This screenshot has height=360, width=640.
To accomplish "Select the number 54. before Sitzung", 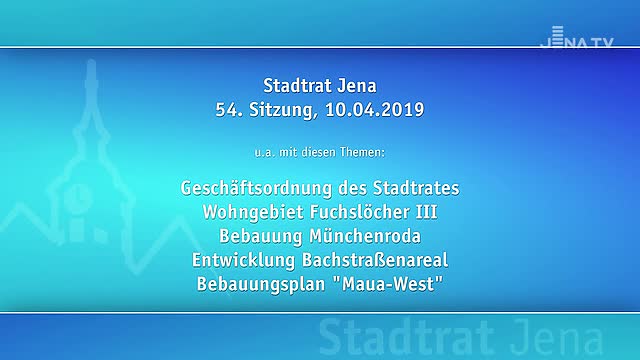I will point(228,109).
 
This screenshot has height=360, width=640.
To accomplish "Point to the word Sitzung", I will point(278,109).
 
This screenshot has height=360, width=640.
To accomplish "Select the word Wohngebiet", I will point(251,212).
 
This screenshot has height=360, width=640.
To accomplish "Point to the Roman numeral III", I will point(424,212).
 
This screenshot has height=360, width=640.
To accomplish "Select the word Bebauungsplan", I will point(260,284).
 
